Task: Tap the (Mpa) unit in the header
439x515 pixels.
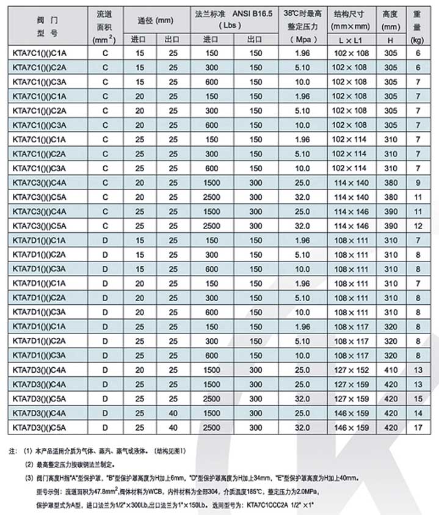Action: coord(302,39)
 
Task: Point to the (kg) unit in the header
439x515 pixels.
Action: coord(417,39)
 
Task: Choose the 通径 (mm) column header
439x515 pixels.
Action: coord(156,20)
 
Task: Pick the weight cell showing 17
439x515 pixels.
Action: coord(417,426)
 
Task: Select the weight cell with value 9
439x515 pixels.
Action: coord(417,182)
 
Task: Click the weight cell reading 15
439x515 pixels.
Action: coord(417,398)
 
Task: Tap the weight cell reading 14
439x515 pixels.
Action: coord(417,412)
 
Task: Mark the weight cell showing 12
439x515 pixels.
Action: coord(417,225)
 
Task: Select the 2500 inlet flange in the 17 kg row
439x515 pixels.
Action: coord(211,426)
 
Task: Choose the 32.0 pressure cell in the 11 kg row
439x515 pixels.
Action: coord(302,196)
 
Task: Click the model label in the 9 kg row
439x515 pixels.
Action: coord(39,182)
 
